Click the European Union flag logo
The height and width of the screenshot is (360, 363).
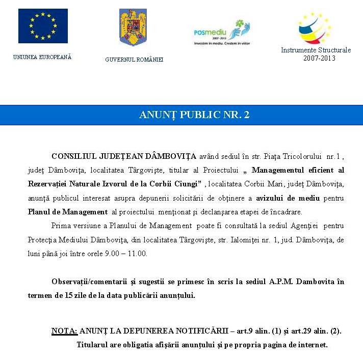(43, 26)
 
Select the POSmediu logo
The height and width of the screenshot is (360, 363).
(222, 33)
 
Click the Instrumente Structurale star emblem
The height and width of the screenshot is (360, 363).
(315, 28)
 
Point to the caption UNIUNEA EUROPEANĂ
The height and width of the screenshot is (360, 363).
(42, 57)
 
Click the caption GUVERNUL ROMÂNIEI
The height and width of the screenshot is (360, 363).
(134, 60)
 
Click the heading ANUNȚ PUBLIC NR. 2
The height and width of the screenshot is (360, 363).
(194, 115)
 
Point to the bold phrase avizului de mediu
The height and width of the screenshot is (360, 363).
(284, 198)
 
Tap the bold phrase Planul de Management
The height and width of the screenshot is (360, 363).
(68, 212)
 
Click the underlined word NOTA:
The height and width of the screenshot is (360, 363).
(64, 331)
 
